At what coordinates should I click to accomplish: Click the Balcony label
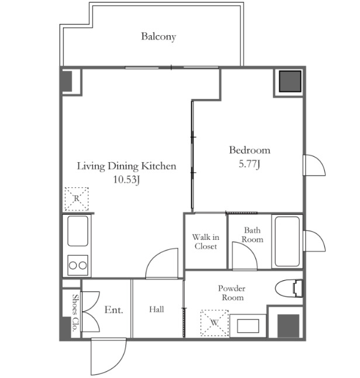coord(158,37)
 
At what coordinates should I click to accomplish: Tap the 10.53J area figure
coord(126,180)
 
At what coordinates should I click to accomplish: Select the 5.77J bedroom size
coord(249,164)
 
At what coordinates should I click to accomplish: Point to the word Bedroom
coord(250,150)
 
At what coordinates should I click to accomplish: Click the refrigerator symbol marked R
coord(77,199)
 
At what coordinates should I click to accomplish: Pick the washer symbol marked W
coord(214,323)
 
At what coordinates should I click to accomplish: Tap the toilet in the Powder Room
coord(289,288)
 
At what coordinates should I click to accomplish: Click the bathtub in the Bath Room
coord(287,241)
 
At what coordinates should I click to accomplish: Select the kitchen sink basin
coord(78,231)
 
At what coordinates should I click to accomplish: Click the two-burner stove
coord(78,265)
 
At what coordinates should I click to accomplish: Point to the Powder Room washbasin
coord(248,325)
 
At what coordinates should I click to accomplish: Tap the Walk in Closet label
coord(206,242)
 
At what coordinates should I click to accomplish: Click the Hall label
coord(157,310)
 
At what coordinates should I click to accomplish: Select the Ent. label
coord(113,310)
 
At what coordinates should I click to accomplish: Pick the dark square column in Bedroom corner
coord(290,81)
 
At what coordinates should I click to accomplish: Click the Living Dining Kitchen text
coord(126,166)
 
